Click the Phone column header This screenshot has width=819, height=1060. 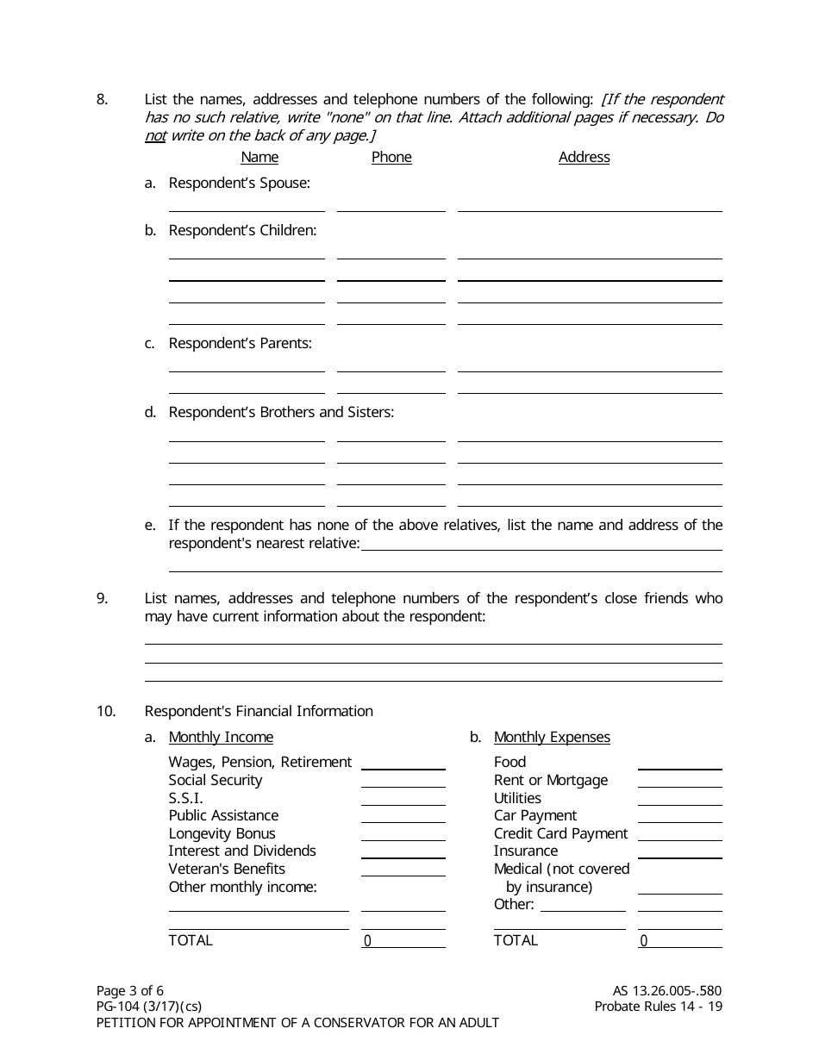[x=391, y=157]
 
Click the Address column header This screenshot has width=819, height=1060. [x=584, y=157]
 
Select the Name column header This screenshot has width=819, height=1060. [x=259, y=157]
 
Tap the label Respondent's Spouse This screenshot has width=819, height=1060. [x=239, y=183]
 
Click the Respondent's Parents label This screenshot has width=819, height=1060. [x=240, y=343]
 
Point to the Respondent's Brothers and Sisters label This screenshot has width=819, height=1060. [x=281, y=412]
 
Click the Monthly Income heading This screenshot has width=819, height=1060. [x=221, y=737]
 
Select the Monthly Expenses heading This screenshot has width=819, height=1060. [x=552, y=737]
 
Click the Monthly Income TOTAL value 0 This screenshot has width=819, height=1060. [x=368, y=940]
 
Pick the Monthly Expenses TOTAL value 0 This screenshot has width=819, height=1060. [x=644, y=940]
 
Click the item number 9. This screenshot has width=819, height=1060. [x=102, y=598]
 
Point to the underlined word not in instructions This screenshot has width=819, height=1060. [x=154, y=135]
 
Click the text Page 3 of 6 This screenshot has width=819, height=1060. [x=129, y=990]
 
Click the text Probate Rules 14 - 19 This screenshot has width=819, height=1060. [x=658, y=1007]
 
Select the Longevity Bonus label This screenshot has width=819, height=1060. [x=222, y=833]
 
